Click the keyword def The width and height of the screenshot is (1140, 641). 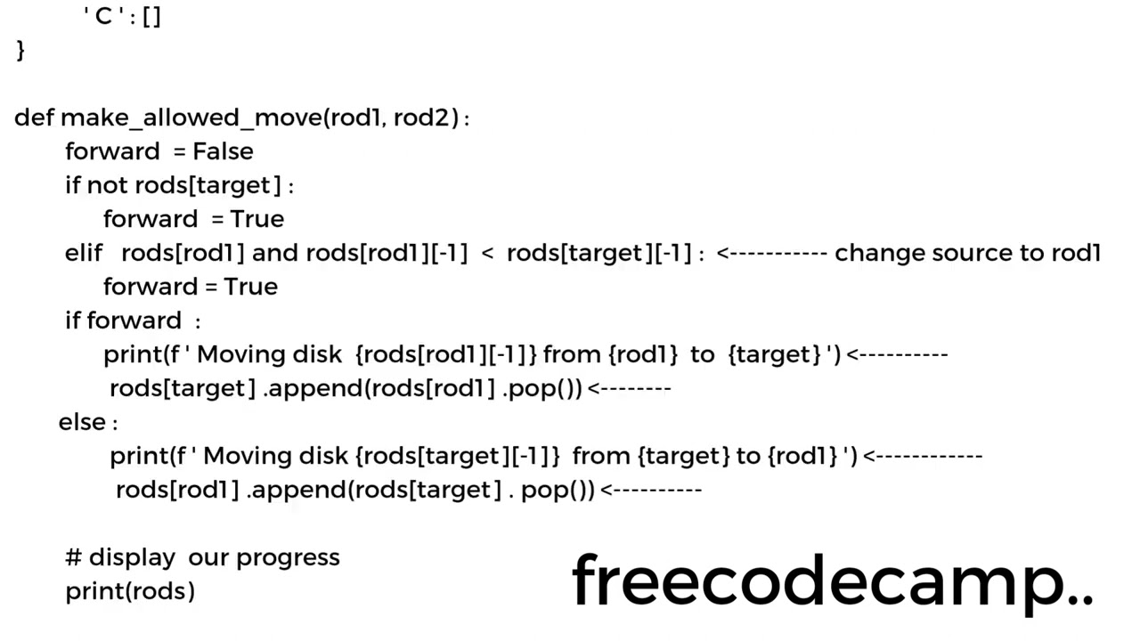[x=34, y=118]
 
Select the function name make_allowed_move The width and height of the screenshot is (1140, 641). [x=191, y=118]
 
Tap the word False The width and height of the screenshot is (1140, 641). [x=223, y=151]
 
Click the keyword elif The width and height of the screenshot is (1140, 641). [x=84, y=253]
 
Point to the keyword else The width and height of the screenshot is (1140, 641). [x=82, y=422]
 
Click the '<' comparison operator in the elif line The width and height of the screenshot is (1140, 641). [x=487, y=254]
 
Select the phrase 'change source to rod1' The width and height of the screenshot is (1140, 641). [x=968, y=253]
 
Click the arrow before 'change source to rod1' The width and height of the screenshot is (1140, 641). [x=771, y=253]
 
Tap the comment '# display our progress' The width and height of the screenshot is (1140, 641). [x=202, y=557]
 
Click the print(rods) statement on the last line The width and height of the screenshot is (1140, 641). [x=130, y=591]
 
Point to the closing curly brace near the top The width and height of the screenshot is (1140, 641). [x=20, y=50]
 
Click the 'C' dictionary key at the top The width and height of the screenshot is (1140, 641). [x=103, y=16]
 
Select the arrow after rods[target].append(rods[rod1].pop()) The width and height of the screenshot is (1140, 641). [x=629, y=388]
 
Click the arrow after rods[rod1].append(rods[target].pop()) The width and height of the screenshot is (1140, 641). [x=651, y=490]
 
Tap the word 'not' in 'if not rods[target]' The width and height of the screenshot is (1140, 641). [x=108, y=185]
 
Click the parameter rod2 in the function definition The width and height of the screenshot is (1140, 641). [x=424, y=118]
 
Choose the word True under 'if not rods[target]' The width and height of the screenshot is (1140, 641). [x=257, y=219]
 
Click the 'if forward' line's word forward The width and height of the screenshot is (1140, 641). [x=134, y=320]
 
